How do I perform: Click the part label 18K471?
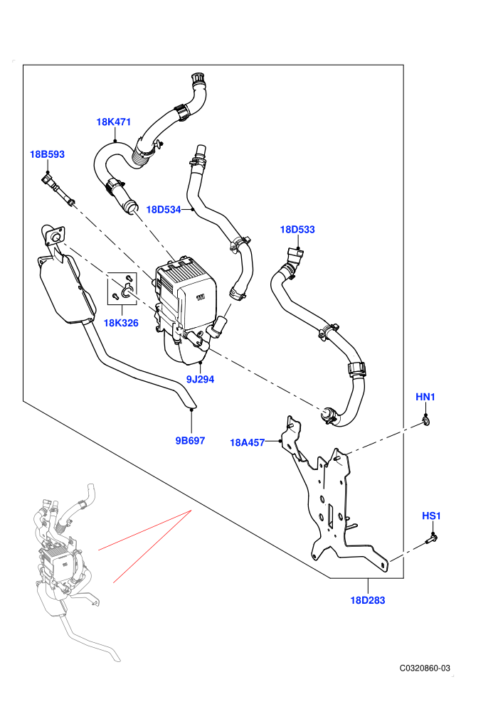click(114, 122)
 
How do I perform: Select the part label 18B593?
click(47, 154)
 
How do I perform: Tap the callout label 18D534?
click(164, 210)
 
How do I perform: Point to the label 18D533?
click(297, 230)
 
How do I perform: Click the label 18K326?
click(121, 323)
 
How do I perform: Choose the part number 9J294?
click(201, 380)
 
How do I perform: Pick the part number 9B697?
click(190, 440)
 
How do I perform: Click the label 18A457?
click(248, 443)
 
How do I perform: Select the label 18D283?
click(368, 600)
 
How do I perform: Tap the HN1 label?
click(425, 397)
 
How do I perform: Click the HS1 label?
click(432, 516)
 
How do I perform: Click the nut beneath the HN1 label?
click(425, 421)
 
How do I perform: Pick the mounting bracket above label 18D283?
click(333, 498)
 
